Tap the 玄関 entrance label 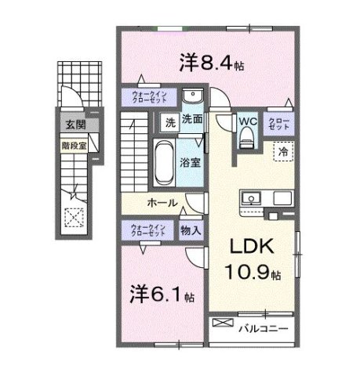pyautogui.click(x=76, y=125)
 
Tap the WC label pyautogui.click(x=248, y=121)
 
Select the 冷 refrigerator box pyautogui.click(x=281, y=151)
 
